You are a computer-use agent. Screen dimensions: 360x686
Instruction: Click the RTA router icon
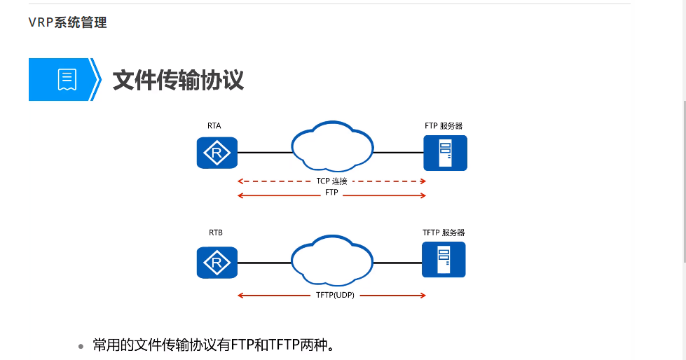coord(217,153)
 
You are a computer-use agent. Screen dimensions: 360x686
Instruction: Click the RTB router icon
coord(217,263)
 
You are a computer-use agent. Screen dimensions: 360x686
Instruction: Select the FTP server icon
coord(445,153)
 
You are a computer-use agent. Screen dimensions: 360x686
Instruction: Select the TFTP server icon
coord(444,259)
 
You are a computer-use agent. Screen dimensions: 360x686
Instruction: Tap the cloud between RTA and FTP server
coord(331,148)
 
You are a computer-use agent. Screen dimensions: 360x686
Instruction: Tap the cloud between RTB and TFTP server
coord(331,259)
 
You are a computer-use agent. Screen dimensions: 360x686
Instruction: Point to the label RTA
coord(214,126)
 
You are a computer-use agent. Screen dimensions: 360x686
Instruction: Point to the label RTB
coord(215,233)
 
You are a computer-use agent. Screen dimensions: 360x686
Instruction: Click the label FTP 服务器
coord(444,126)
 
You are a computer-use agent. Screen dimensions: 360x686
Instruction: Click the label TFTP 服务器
coord(444,233)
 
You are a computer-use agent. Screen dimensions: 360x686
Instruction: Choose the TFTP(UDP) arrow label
coord(331,296)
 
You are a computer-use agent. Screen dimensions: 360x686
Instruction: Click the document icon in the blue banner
coord(67,80)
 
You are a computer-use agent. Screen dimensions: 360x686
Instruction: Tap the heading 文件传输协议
coord(178,80)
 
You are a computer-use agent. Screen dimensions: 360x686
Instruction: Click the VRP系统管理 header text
coord(67,22)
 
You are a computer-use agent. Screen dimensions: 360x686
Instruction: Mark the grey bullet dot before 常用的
coord(81,346)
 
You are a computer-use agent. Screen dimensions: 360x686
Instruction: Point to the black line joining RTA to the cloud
coord(264,153)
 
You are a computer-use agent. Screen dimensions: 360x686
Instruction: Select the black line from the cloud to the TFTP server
coord(397,263)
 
